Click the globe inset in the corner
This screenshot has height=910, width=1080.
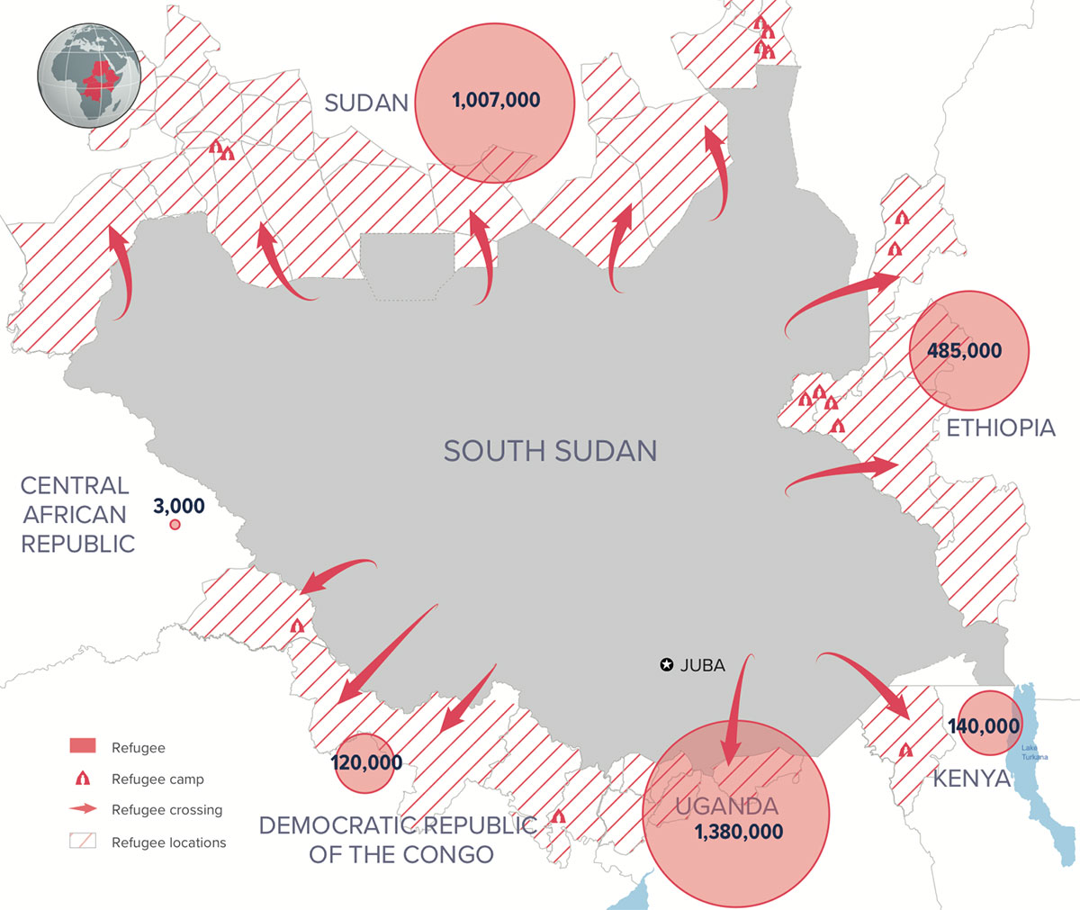click(89, 71)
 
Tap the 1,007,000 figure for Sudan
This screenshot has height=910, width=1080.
click(496, 100)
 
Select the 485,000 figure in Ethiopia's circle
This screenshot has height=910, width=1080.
click(965, 351)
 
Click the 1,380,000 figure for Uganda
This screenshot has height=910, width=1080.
click(739, 833)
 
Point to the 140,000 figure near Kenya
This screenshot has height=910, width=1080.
click(984, 725)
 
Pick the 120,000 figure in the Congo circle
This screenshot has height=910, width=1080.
click(366, 763)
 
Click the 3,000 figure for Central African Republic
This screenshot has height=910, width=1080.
click(178, 506)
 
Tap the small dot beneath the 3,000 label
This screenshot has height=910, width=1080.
click(175, 525)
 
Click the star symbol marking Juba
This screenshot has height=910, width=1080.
click(666, 665)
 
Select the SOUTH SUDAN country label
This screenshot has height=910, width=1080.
click(550, 450)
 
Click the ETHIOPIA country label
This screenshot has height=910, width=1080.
click(1000, 428)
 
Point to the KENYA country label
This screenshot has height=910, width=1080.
click(971, 779)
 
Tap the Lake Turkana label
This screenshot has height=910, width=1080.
click(1034, 752)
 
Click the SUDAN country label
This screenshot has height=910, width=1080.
click(365, 103)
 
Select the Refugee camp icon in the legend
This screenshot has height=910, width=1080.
click(82, 779)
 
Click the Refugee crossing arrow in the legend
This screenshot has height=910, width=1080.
click(82, 809)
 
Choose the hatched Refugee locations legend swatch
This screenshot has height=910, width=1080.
click(82, 842)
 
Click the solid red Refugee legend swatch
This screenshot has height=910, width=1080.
click(82, 747)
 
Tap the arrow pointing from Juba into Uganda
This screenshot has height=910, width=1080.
click(735, 711)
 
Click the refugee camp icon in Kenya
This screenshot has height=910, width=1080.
click(906, 749)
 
